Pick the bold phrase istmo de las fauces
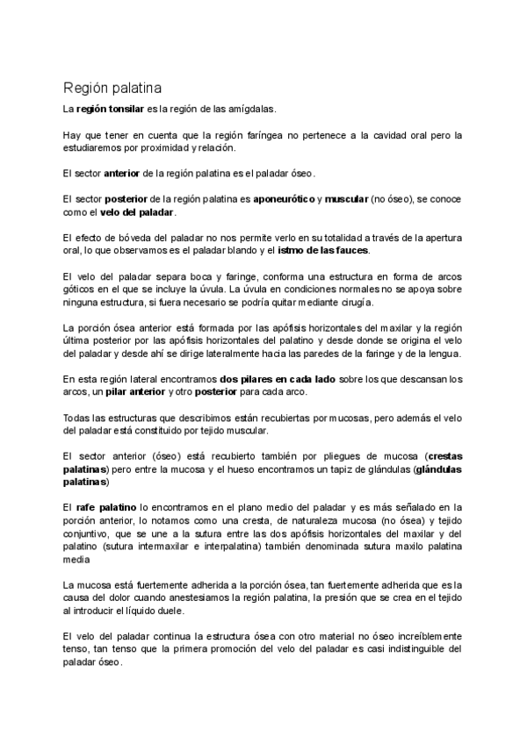324,250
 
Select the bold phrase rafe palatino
105,507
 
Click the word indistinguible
398,648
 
